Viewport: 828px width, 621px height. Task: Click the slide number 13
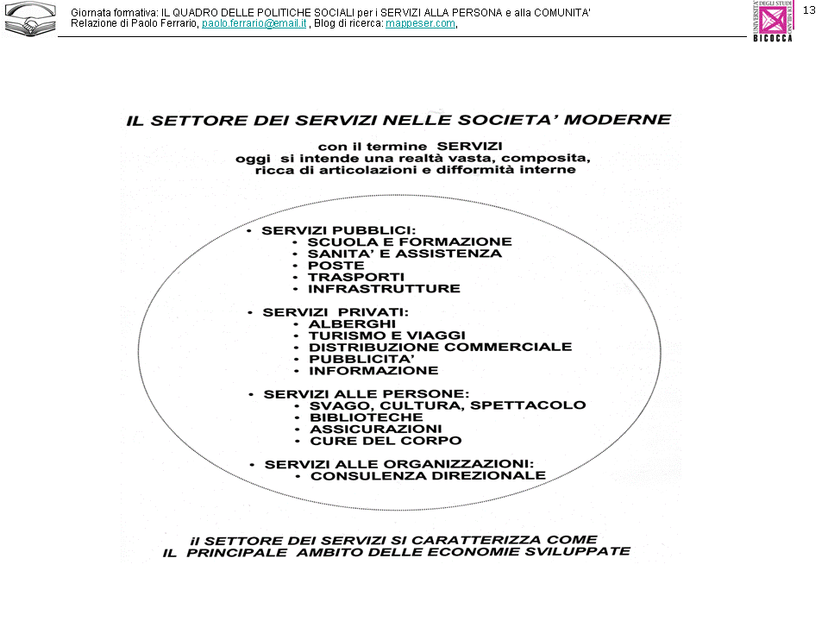[809, 9]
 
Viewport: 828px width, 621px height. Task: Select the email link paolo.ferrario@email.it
[254, 24]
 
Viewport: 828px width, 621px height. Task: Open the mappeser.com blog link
[420, 24]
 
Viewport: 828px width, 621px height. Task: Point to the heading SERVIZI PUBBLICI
[338, 230]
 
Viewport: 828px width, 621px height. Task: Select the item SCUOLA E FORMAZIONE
[410, 242]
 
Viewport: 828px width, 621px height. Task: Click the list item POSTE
[336, 266]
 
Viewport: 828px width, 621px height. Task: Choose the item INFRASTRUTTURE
[384, 289]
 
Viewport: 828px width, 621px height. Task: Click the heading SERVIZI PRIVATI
[336, 311]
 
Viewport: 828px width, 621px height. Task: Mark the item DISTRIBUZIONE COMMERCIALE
[440, 347]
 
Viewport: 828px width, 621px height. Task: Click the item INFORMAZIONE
[373, 370]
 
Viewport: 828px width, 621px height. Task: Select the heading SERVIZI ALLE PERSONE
[367, 393]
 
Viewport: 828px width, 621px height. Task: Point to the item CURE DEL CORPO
[373, 440]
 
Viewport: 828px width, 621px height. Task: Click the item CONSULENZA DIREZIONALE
[428, 475]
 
